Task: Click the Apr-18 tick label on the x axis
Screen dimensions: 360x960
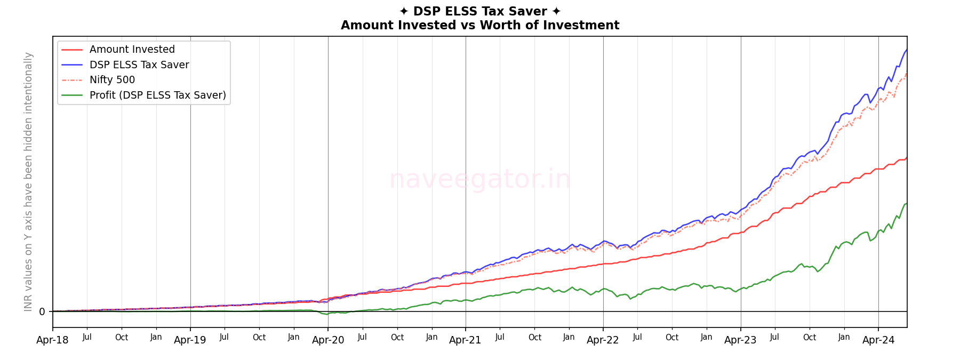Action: [x=52, y=340]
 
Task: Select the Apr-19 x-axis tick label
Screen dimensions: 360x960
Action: [x=190, y=340]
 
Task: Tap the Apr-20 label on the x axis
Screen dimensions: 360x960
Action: [x=328, y=340]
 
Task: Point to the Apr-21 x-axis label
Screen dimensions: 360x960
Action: [x=465, y=340]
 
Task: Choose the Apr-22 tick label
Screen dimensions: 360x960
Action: [x=603, y=340]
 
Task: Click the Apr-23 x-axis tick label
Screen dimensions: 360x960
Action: [x=740, y=340]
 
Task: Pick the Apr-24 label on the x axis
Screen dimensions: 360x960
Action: [x=878, y=340]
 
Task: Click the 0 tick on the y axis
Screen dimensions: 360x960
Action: [x=42, y=311]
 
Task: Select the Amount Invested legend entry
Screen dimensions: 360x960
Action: [x=132, y=50]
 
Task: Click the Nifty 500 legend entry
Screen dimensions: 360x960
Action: [x=112, y=80]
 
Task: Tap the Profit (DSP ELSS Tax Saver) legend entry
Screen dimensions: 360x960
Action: [x=157, y=95]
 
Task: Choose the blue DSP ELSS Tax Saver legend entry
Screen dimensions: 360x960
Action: [x=139, y=65]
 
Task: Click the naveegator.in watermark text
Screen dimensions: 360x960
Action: [x=479, y=179]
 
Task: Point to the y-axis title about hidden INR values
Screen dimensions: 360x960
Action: [x=28, y=181]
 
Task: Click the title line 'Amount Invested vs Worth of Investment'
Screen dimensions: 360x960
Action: [x=480, y=26]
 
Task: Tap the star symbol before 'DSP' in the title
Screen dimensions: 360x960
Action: [x=404, y=12]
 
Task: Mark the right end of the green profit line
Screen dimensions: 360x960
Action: [x=907, y=204]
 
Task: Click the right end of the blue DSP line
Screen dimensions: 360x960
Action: [x=907, y=50]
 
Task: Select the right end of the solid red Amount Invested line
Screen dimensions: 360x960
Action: [x=907, y=158]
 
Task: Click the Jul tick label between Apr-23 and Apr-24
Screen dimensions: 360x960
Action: [x=774, y=337]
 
